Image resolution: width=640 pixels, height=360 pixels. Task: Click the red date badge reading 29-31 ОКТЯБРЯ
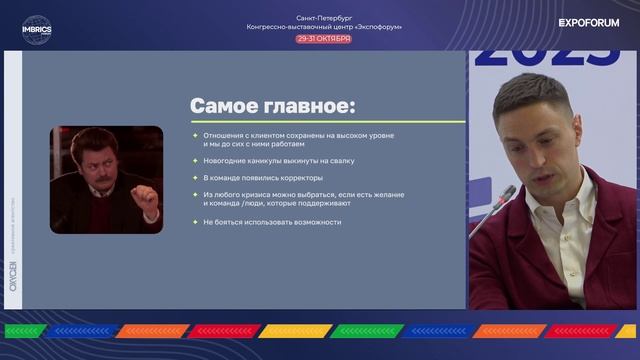[x=323, y=38]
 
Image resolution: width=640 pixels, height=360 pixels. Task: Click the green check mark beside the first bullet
[x=195, y=135]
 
